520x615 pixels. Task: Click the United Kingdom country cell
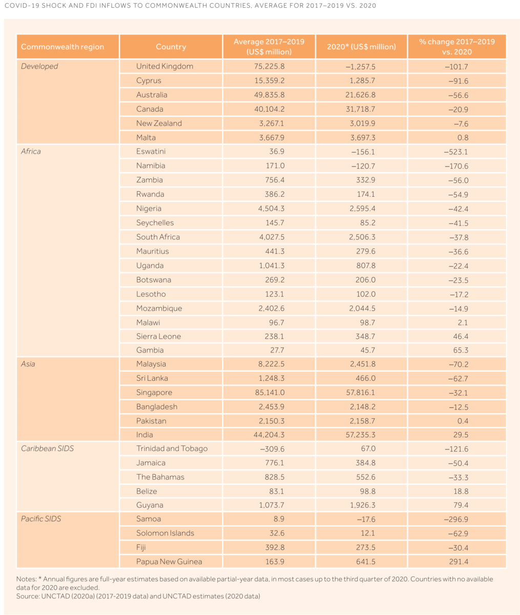[164, 66]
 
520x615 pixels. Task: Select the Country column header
[171, 47]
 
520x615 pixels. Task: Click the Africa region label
[31, 152]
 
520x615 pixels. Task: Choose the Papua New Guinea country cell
[169, 561]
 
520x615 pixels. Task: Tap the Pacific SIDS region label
[41, 519]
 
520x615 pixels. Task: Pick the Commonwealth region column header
[63, 47]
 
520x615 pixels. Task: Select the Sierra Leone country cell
[159, 336]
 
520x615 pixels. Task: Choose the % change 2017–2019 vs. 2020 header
[457, 47]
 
